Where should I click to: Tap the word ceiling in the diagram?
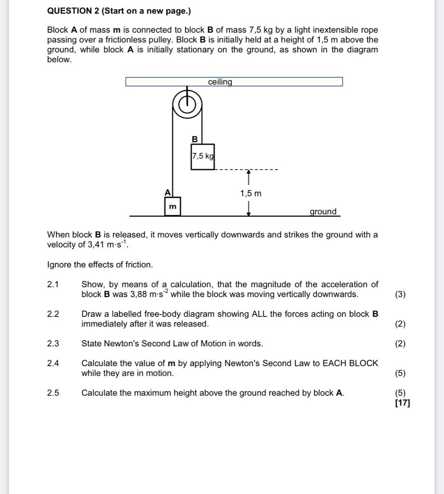(220, 82)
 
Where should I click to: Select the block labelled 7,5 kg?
(203, 157)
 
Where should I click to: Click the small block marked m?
(172, 206)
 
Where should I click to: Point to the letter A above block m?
(167, 192)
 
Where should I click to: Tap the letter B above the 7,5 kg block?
(194, 139)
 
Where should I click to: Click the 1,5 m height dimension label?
(250, 193)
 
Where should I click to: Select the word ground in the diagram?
(323, 212)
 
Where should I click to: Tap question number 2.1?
(53, 285)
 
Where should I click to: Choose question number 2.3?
(53, 344)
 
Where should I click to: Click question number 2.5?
(53, 393)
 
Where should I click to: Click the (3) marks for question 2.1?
(400, 295)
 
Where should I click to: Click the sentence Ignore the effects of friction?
(100, 265)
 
